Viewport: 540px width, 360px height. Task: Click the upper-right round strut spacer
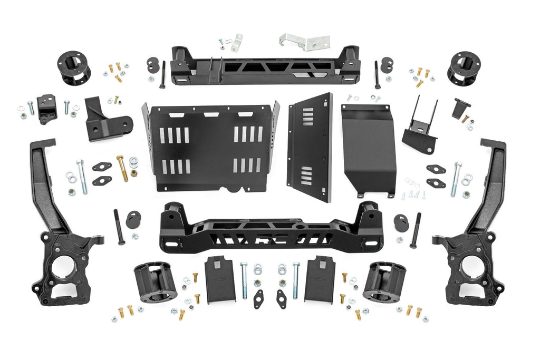coord(464,68)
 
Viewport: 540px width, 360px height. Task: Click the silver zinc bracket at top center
coord(303,41)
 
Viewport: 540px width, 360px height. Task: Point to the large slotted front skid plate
coord(210,148)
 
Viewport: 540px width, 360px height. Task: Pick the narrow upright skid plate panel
coord(311,148)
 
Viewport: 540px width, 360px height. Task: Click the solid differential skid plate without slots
coord(369,150)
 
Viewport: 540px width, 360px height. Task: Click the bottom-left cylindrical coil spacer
coord(155,281)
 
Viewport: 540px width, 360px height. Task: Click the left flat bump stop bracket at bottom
coord(220,279)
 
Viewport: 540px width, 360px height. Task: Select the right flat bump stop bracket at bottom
coord(318,279)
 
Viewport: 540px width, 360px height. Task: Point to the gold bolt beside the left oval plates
coord(122,168)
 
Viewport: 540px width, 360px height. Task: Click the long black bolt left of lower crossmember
coord(119,227)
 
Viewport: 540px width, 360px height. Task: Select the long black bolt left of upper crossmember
coord(162,73)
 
